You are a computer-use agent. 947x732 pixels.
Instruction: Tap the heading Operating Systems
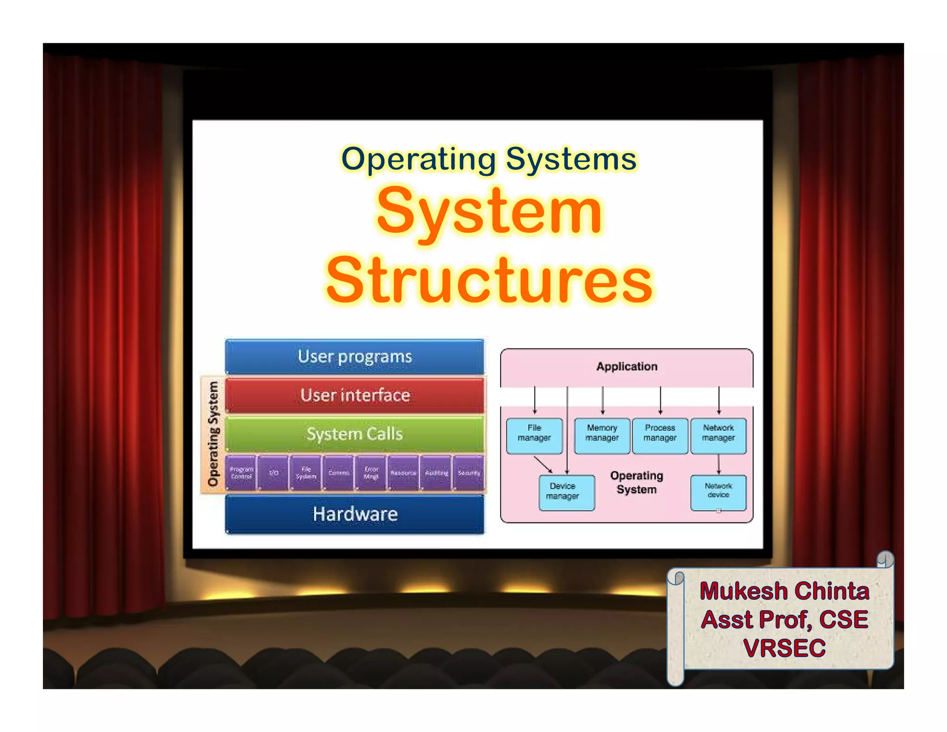click(x=489, y=159)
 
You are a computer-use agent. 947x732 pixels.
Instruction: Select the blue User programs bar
click(x=355, y=356)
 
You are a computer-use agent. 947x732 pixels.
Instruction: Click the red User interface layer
click(x=355, y=395)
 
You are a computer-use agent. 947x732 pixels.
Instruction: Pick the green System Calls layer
click(x=355, y=434)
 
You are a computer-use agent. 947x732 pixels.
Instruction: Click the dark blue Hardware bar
click(x=355, y=514)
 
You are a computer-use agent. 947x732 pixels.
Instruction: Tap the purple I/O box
click(x=274, y=472)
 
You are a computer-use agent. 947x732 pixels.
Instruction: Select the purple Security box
click(x=469, y=472)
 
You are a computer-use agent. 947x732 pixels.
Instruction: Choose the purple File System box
click(x=306, y=472)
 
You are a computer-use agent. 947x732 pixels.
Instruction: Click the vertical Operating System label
click(x=213, y=434)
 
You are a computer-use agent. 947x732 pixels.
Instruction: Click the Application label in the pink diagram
click(x=627, y=366)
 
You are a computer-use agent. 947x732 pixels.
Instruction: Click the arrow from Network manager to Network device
click(x=718, y=464)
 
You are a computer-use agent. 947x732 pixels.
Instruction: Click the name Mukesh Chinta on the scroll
click(x=784, y=591)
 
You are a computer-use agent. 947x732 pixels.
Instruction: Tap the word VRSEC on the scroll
click(x=784, y=648)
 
